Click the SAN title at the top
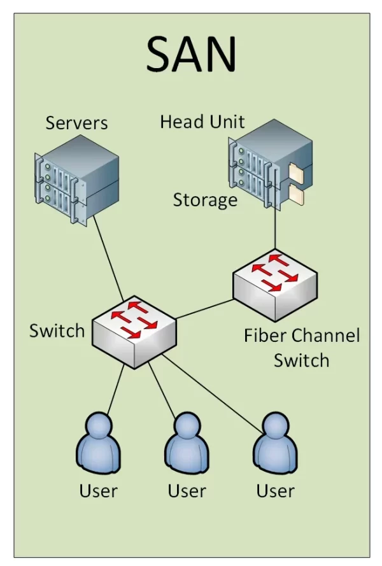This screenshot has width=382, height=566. click(192, 54)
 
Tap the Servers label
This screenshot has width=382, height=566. click(76, 123)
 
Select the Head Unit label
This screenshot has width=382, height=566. click(202, 122)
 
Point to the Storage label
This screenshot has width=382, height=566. click(205, 200)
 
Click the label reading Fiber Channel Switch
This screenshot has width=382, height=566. click(302, 348)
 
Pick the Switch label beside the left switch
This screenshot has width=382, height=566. click(57, 330)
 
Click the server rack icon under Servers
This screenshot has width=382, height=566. click(76, 180)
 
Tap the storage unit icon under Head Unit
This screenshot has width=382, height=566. click(271, 165)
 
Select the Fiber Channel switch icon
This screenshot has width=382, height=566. click(275, 285)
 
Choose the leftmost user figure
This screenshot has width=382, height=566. click(98, 443)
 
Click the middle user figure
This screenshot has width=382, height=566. click(187, 443)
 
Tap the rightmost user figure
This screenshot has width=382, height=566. click(275, 443)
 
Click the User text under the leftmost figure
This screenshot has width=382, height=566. click(98, 491)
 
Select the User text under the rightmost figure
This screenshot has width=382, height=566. click(275, 491)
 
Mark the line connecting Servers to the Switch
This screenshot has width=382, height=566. click(108, 258)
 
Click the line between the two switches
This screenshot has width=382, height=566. click(205, 309)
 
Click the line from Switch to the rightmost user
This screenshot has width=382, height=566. click(212, 393)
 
